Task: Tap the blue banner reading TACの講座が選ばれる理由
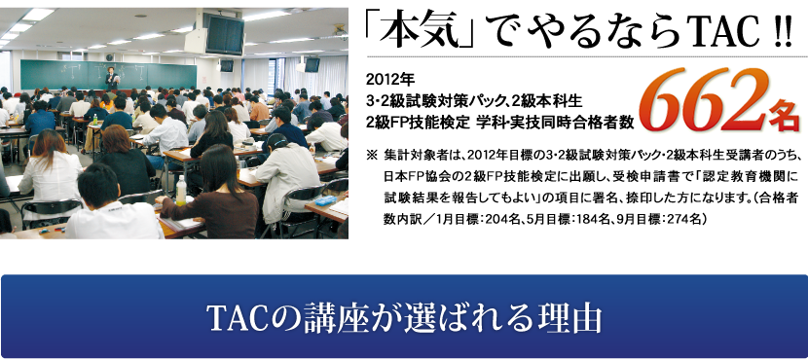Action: click(x=404, y=315)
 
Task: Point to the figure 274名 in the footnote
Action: click(x=682, y=218)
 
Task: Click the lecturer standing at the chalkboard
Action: click(x=112, y=78)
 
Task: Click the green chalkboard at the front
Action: click(x=108, y=75)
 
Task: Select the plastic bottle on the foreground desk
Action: click(x=181, y=191)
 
